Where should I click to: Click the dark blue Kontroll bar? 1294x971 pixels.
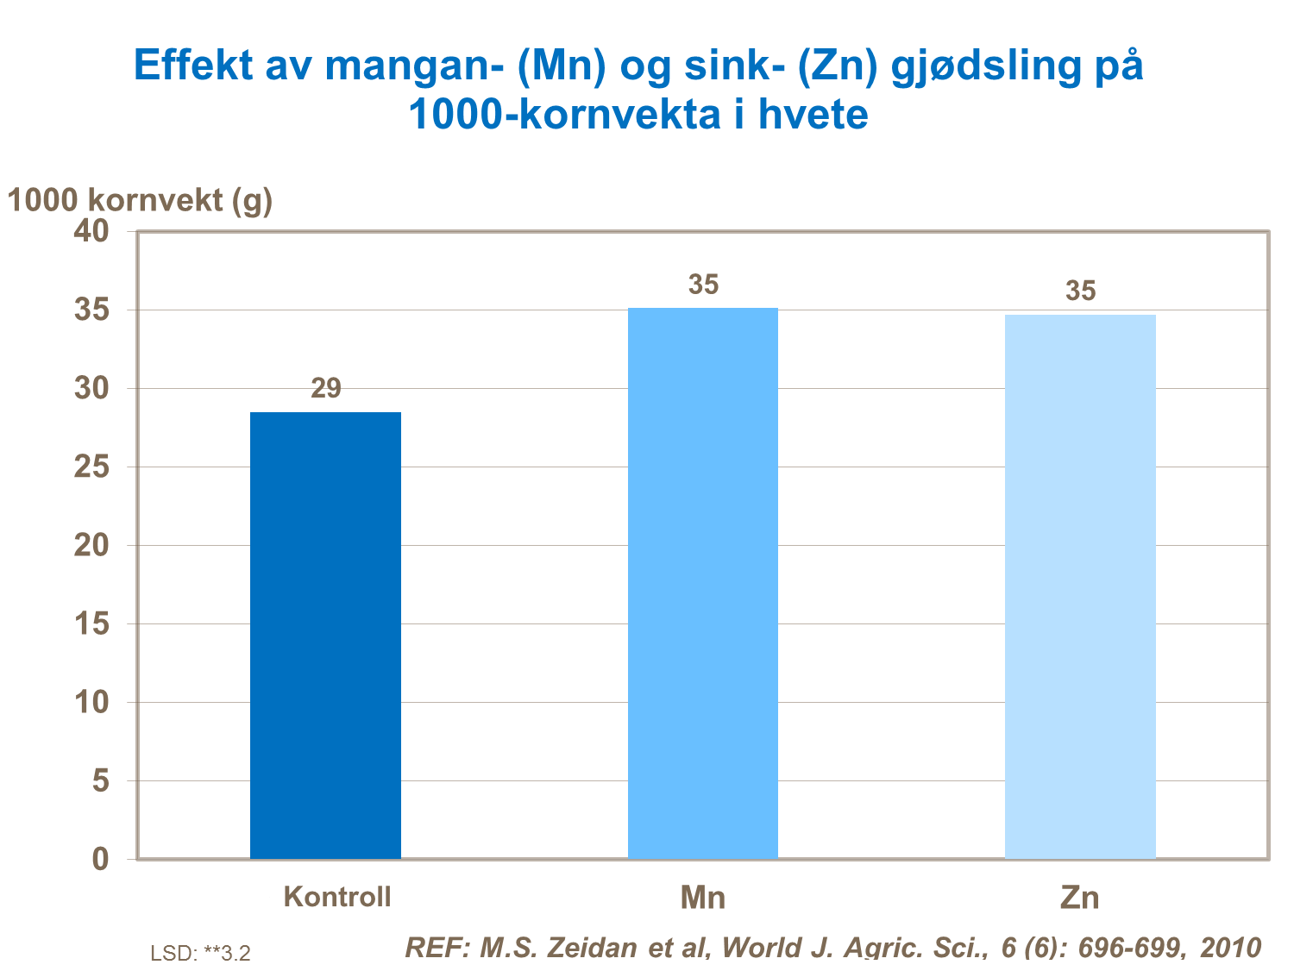[x=325, y=636]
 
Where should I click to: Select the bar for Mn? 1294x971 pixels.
[x=702, y=583]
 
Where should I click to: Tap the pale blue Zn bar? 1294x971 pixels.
[x=1080, y=586]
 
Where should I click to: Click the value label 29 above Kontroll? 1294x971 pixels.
[x=326, y=389]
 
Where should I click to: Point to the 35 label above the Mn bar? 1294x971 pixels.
[x=703, y=285]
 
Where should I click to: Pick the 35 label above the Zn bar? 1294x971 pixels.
[x=1080, y=291]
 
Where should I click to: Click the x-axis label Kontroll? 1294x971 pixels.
[x=337, y=897]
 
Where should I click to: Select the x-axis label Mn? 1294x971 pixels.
[x=702, y=898]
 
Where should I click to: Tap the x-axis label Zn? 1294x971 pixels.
[x=1080, y=898]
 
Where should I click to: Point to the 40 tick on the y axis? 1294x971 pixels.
[x=91, y=231]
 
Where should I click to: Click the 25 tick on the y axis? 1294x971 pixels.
[x=91, y=467]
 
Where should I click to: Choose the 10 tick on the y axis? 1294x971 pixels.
[x=91, y=702]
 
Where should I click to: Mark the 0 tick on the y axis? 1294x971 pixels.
[x=101, y=859]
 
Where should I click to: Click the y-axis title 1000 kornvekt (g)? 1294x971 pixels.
[x=140, y=200]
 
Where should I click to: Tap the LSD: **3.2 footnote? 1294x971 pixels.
[x=200, y=953]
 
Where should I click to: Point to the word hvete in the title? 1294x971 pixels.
[x=813, y=115]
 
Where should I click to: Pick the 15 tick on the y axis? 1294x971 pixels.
[x=91, y=623]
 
